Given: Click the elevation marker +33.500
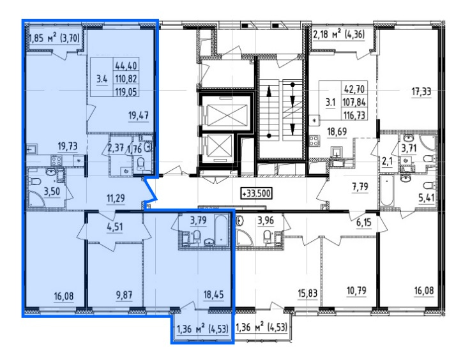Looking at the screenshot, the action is coord(256,193).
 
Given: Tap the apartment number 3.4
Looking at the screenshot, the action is coord(102,79).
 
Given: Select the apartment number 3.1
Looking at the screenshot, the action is coord(330,103).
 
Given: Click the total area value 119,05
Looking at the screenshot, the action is coord(126,92).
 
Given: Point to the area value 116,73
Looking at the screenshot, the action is coord(354,115).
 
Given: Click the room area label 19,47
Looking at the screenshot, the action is coord(139,116).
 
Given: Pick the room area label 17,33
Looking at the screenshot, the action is coord(421,92).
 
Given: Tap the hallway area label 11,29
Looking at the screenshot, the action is coord(116,198).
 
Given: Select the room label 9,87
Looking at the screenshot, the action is coord(124,295).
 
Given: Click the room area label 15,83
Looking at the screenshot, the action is coord(308,293).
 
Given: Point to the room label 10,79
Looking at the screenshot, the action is coord(356,290).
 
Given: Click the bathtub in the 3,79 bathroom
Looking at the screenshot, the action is coord(221,230).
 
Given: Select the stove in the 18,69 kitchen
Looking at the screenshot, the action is coord(314,141).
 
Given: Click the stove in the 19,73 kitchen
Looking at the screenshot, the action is coord(56,160).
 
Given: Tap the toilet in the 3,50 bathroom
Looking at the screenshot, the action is coord(35,181).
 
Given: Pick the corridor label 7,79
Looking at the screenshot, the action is coord(360,187).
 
